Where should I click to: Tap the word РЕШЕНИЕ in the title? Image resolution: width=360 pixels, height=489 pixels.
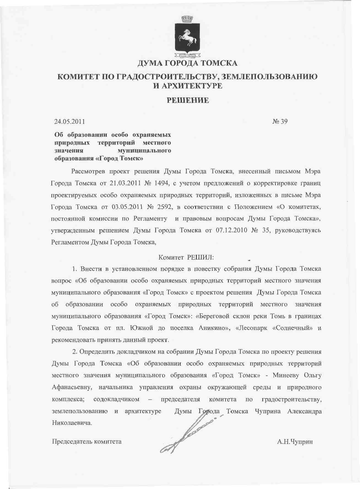pos(188,100)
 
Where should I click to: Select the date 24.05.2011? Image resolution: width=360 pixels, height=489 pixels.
pos(70,121)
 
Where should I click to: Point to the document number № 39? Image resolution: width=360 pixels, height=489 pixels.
pos(280,121)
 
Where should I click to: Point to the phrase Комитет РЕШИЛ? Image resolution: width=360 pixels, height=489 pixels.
pos(186,258)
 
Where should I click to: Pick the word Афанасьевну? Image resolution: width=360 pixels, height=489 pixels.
pos(72,387)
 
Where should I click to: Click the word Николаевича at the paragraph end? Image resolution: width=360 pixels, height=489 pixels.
pos(72,423)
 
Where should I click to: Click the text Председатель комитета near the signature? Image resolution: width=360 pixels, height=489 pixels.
pos(87,442)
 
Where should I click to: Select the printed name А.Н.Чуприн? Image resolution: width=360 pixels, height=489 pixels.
pos(295,442)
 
